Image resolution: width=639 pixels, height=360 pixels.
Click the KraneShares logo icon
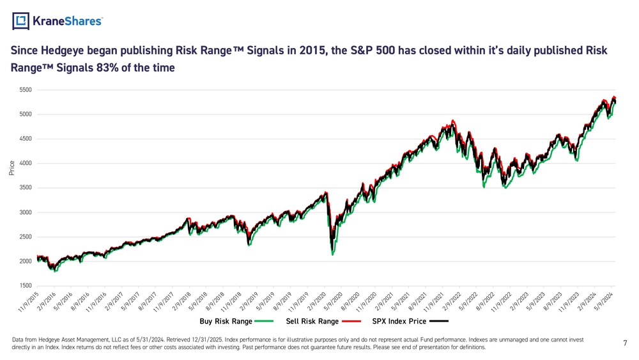tap(21, 22)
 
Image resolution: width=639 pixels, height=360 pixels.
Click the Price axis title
tap(12, 168)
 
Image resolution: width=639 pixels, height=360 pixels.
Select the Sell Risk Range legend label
tap(312, 321)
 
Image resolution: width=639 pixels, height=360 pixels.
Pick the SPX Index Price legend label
tap(399, 321)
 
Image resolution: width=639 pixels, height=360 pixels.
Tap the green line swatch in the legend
tap(263, 321)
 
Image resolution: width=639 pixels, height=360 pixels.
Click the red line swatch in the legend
tap(351, 321)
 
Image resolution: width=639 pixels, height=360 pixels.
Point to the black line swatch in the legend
tap(439, 321)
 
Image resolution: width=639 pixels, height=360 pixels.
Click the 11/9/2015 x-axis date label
tap(28, 302)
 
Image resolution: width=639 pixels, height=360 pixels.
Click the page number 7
tap(625, 343)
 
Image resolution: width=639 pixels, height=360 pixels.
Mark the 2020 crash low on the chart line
tap(332, 254)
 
